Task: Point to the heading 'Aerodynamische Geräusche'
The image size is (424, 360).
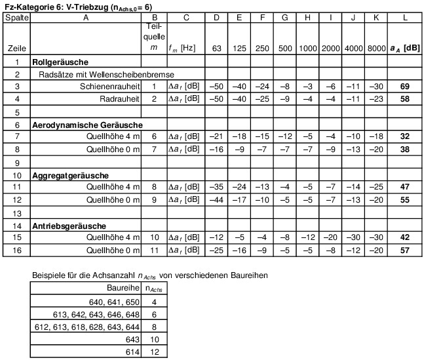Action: tap(88, 124)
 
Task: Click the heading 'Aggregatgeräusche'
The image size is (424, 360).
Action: tap(70, 175)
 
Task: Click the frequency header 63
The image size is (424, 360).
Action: tap(216, 48)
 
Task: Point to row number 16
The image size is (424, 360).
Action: tap(18, 250)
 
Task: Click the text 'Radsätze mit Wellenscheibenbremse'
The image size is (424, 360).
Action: tap(106, 74)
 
